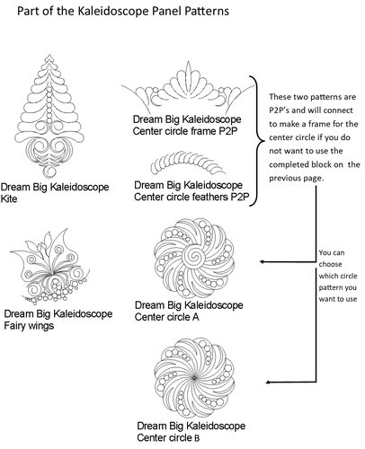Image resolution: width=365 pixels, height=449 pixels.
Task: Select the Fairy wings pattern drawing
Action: pyautogui.click(x=49, y=266)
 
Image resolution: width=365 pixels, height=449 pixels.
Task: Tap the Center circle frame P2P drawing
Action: pyautogui.click(x=188, y=87)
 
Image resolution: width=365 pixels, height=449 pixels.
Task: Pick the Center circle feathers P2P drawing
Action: pyautogui.click(x=188, y=163)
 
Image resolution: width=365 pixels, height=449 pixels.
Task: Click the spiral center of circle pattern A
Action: pyautogui.click(x=194, y=257)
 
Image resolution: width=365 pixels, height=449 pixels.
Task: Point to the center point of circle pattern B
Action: pyautogui.click(x=194, y=377)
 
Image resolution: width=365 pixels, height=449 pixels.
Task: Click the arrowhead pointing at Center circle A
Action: pyautogui.click(x=262, y=262)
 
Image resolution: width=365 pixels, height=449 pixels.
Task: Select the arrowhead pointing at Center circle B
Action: pyautogui.click(x=269, y=382)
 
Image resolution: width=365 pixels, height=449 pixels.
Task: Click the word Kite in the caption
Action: pyautogui.click(x=9, y=198)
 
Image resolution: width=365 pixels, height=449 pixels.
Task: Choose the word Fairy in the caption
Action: pyautogui.click(x=13, y=326)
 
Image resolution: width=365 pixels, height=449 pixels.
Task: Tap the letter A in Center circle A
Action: pyautogui.click(x=196, y=317)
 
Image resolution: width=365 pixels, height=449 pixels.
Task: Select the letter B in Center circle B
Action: pyautogui.click(x=196, y=438)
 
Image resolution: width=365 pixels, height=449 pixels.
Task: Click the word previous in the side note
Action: pyautogui.click(x=282, y=179)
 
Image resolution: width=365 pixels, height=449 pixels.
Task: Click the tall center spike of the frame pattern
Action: pyautogui.click(x=188, y=71)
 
